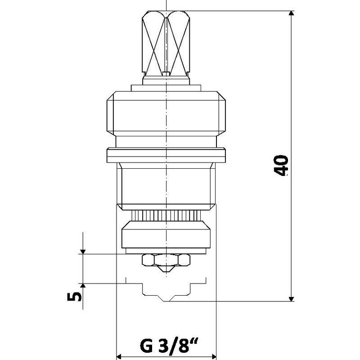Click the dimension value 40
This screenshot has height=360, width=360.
(281, 166)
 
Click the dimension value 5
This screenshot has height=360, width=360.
(74, 296)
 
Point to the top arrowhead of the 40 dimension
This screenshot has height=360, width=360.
(291, 13)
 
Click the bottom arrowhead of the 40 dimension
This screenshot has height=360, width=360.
(291, 299)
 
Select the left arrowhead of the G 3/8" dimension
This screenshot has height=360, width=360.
(119, 356)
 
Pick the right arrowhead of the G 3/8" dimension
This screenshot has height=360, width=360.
(214, 356)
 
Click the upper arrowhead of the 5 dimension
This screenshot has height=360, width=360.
(83, 252)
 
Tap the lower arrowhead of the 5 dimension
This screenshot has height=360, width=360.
(83, 286)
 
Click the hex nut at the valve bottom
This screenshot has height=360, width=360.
(166, 260)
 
